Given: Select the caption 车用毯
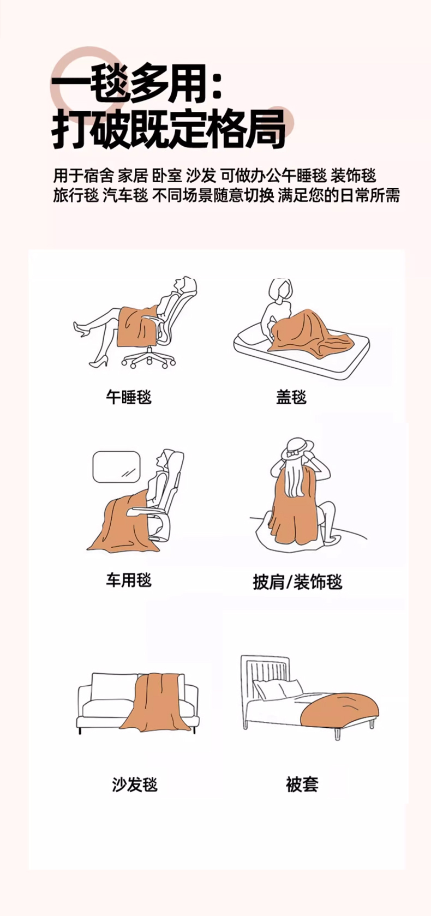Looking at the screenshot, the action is tap(129, 580).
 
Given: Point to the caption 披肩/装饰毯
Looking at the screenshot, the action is tap(297, 582).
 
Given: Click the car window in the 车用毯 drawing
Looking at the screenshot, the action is tap(117, 467).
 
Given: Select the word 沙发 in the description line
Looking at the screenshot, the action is tap(201, 176).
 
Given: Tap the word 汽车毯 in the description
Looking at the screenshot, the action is tap(125, 195).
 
